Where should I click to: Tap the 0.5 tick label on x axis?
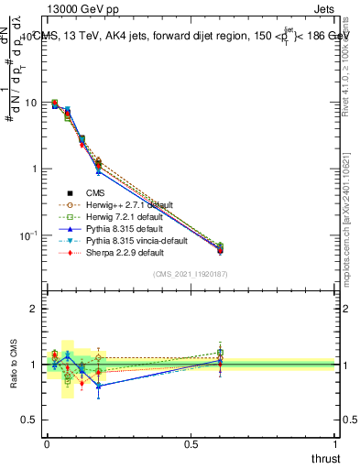pos(191,443)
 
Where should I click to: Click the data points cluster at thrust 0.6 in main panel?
pos(219,248)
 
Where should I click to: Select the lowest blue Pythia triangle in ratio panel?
pos(99,386)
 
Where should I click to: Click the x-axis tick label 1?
pos(335,443)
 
